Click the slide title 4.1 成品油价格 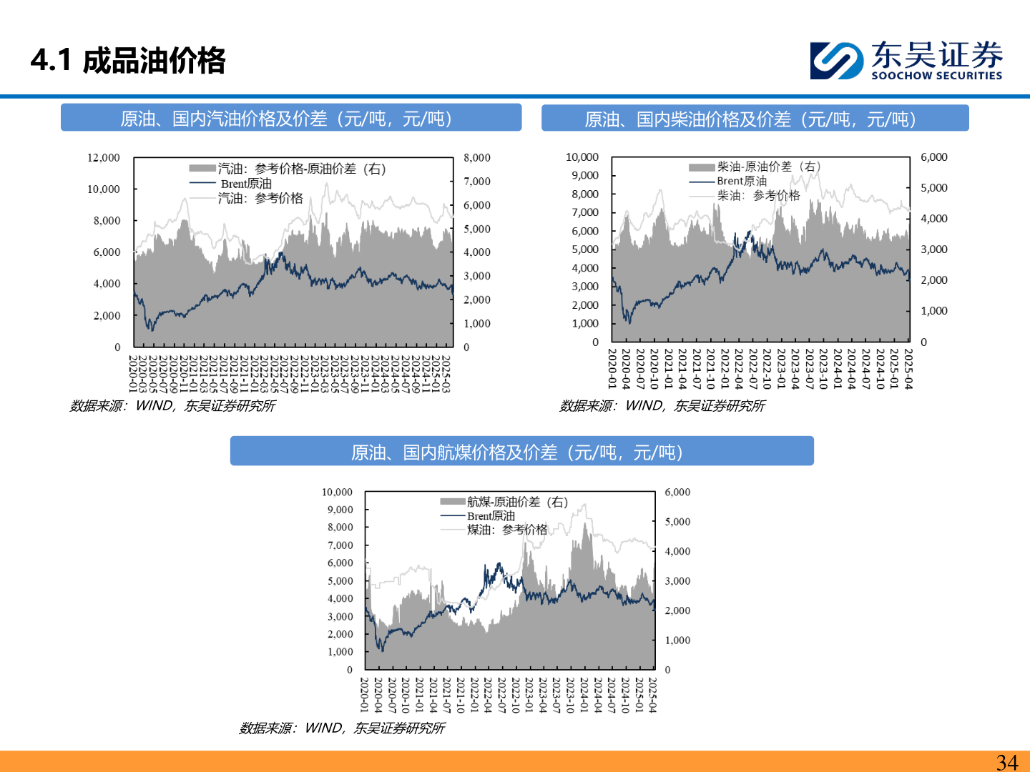pyautogui.click(x=129, y=61)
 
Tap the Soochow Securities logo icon pyautogui.click(x=835, y=60)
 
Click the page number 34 pyautogui.click(x=1007, y=762)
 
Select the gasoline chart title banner pyautogui.click(x=290, y=118)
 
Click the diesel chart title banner pyautogui.click(x=755, y=119)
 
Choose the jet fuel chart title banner pyautogui.click(x=521, y=452)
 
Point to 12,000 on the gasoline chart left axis pyautogui.click(x=104, y=157)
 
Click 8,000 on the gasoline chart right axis pyautogui.click(x=477, y=157)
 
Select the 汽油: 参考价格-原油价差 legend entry pyautogui.click(x=301, y=169)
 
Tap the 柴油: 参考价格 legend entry pyautogui.click(x=758, y=195)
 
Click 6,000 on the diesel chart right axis pyautogui.click(x=934, y=157)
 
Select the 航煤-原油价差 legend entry pyautogui.click(x=517, y=502)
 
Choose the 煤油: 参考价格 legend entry pyautogui.click(x=506, y=530)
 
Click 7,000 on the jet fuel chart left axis pyautogui.click(x=340, y=545)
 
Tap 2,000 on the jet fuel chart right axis pyautogui.click(x=678, y=610)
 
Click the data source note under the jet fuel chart pyautogui.click(x=342, y=728)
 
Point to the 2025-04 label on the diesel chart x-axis pyautogui.click(x=908, y=369)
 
